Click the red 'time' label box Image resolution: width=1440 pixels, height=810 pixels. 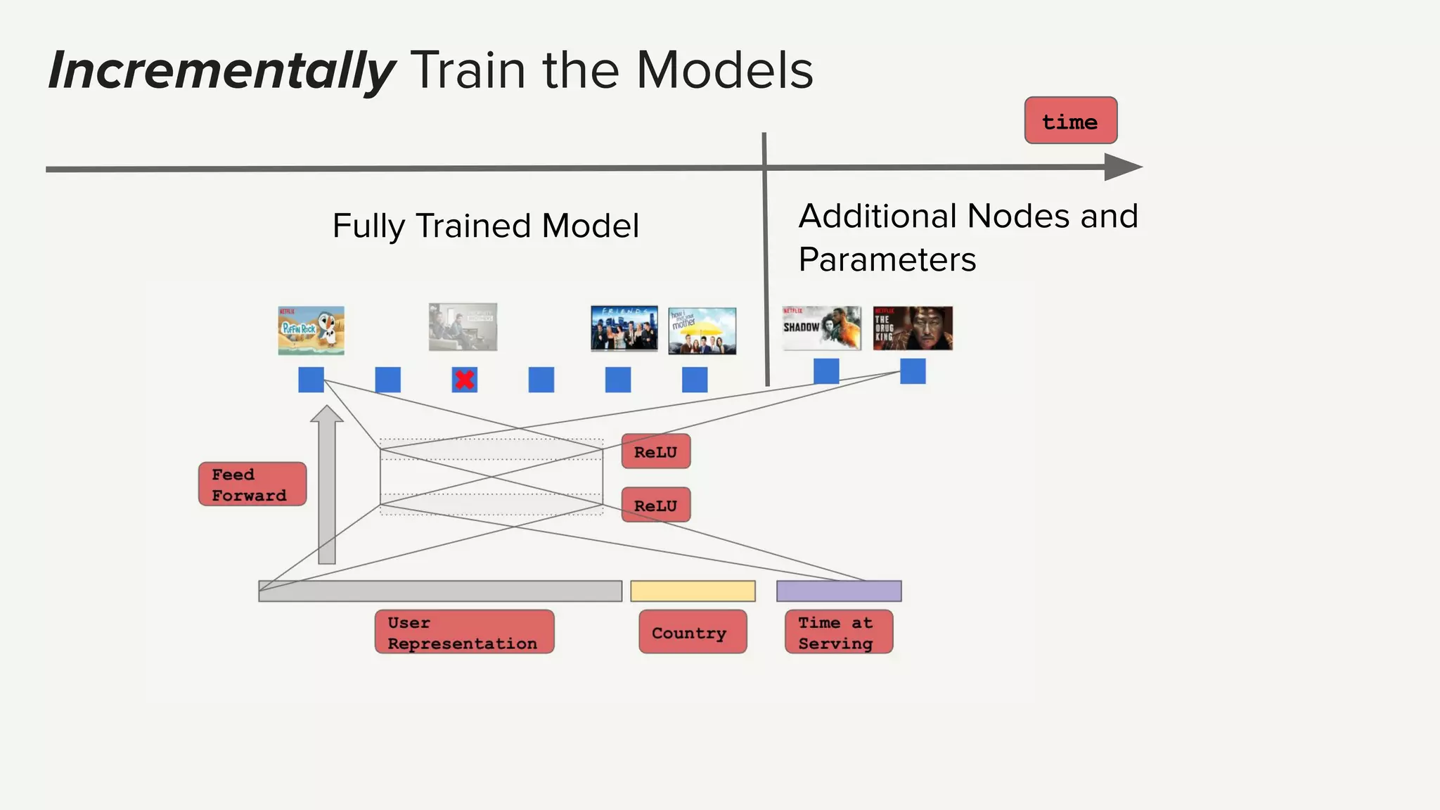[1070, 121]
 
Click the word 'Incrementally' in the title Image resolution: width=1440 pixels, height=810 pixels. [221, 70]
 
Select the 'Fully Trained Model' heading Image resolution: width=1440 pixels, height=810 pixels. [485, 226]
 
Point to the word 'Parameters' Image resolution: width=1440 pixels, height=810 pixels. [887, 260]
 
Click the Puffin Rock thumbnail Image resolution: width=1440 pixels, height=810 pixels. [311, 330]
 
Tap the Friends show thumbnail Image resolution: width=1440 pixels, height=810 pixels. [624, 328]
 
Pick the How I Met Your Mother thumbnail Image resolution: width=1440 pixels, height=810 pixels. [702, 330]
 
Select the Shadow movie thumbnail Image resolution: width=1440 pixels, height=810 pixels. [821, 328]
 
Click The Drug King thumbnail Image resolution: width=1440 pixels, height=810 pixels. [913, 328]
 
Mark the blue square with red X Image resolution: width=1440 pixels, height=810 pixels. [464, 380]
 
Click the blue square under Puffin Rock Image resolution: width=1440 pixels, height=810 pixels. [311, 380]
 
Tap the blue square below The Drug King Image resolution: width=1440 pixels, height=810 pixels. [913, 371]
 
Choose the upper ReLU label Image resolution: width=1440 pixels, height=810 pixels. [655, 451]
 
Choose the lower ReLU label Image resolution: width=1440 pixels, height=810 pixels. [655, 505]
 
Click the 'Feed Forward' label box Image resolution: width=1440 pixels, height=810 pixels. [252, 484]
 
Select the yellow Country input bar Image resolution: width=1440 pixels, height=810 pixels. [693, 591]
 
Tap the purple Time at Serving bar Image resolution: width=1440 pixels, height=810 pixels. [838, 591]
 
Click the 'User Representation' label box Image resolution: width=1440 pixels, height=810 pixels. [464, 632]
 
